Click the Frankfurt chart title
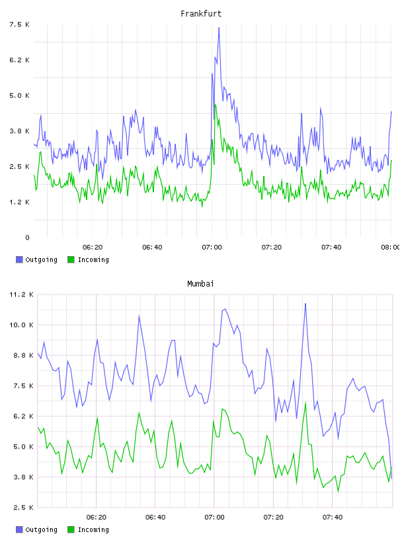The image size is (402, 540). [x=201, y=14]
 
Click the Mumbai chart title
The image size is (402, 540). [x=200, y=284]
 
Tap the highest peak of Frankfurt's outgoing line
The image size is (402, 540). [x=219, y=28]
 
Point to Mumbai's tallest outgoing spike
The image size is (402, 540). [x=305, y=304]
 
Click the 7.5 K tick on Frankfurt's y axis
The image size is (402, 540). [x=20, y=24]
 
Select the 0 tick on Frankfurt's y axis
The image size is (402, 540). [x=27, y=238]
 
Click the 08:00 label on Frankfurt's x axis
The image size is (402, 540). [x=391, y=247]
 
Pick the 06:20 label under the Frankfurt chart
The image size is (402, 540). [x=93, y=247]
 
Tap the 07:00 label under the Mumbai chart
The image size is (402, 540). [x=214, y=517]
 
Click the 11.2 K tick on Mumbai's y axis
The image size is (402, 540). [x=21, y=294]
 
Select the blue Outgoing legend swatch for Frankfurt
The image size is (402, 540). [x=19, y=259]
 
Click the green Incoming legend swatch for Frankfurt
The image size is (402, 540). [x=71, y=259]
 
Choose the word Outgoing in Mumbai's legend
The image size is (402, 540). [x=41, y=529]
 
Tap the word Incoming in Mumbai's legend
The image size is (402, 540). [x=93, y=529]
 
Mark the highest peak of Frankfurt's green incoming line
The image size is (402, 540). [x=215, y=105]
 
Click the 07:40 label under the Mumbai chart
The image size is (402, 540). [x=333, y=517]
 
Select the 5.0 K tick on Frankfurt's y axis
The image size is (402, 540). [x=20, y=96]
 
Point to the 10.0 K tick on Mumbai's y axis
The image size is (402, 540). [x=21, y=325]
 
